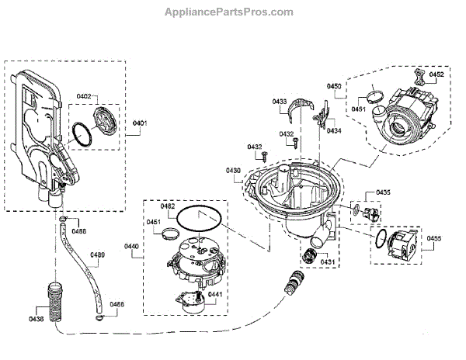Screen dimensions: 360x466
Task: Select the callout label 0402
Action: click(84, 96)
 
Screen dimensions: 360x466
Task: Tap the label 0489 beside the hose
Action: click(97, 255)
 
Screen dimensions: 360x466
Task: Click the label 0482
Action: click(168, 206)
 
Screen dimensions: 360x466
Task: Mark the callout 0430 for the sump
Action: click(233, 170)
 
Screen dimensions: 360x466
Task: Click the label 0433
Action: click(280, 102)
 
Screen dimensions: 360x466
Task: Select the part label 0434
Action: click(334, 131)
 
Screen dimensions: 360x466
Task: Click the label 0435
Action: click(383, 191)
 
